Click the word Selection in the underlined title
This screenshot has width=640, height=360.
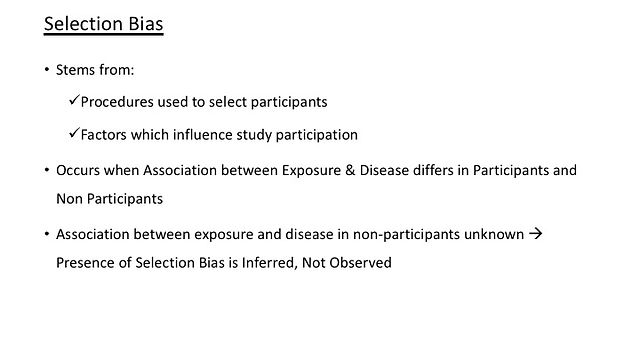coord(84,24)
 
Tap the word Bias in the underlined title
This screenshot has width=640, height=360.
coord(146,24)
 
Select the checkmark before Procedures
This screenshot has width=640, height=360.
coord(74,100)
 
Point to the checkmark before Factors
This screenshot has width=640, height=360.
coord(74,133)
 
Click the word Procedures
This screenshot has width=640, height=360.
coord(117,102)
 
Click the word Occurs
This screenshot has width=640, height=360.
coord(78,170)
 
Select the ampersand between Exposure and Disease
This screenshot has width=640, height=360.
coord(350,170)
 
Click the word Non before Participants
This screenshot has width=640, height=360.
coord(69,199)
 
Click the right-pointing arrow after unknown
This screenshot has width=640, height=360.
coord(536,233)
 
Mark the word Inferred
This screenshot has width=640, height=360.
coord(269,263)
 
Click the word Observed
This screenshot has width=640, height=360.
coord(360,262)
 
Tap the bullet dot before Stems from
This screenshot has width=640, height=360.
coord(47,69)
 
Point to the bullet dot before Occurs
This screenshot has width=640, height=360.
coord(47,170)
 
